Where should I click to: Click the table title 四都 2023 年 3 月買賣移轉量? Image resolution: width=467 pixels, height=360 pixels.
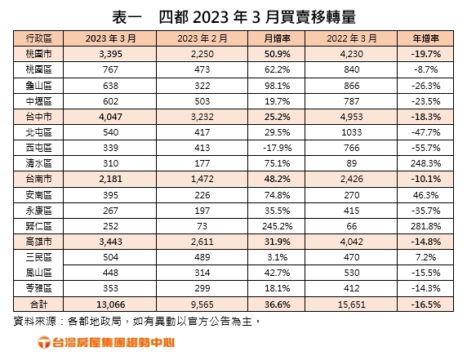tap(233, 16)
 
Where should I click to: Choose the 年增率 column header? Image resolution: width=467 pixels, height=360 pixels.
tap(428, 39)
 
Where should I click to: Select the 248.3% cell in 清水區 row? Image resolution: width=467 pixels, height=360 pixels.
tap(428, 163)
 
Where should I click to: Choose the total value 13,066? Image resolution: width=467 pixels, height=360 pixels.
tap(109, 303)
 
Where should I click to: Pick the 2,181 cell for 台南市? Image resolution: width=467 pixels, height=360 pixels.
tap(109, 179)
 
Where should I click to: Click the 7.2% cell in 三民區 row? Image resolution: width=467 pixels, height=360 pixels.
tap(428, 256)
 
